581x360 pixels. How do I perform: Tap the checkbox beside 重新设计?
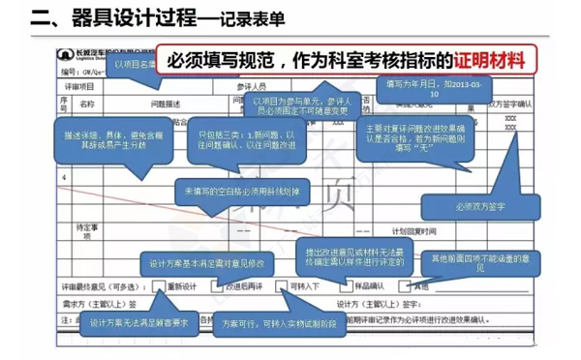click(x=158, y=287)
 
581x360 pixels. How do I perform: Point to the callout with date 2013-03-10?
click(x=422, y=89)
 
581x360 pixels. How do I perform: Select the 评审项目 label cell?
click(x=78, y=86)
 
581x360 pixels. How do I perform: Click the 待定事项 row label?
click(x=86, y=230)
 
